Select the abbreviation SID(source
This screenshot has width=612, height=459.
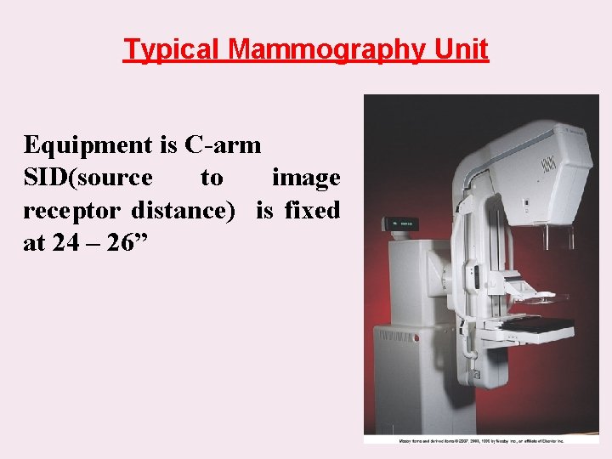pos(88,178)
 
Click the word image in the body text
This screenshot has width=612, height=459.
pos(306,178)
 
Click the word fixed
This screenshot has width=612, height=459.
pos(313,210)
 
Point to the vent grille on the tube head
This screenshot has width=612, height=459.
pos(549,162)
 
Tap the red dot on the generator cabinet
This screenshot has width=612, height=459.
pos(416,337)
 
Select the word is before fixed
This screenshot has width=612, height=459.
pos(265,210)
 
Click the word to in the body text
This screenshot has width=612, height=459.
pos(212,178)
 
